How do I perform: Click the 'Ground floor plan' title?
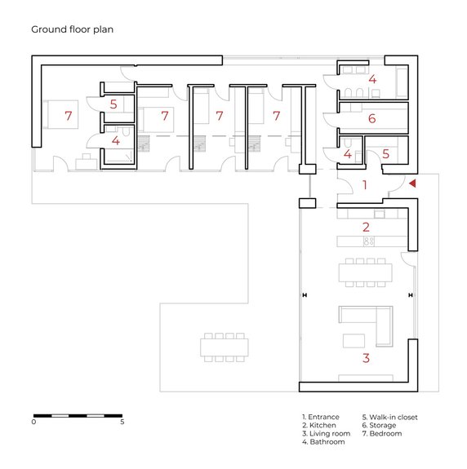coord(72,29)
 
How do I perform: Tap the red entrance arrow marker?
coord(413,184)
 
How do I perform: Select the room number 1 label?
coord(365,185)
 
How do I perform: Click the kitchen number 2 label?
coord(366,228)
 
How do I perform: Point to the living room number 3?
coord(366,358)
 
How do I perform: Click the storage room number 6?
coord(371,118)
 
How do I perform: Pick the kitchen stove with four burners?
coord(369,241)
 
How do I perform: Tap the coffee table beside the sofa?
coord(354,341)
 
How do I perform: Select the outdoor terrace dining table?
coord(225,347)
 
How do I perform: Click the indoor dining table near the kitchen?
coord(365,272)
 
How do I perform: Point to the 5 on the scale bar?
coord(122,422)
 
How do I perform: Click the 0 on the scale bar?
coord(33,422)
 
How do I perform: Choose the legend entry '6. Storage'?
coord(379,425)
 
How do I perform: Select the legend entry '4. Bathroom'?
coord(323,442)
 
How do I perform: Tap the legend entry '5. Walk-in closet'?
coord(389,418)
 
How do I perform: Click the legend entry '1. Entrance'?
coord(321,417)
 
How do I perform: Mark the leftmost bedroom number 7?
coord(69,116)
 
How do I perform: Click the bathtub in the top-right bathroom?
coord(402,82)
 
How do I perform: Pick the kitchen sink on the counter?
coord(380,215)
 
